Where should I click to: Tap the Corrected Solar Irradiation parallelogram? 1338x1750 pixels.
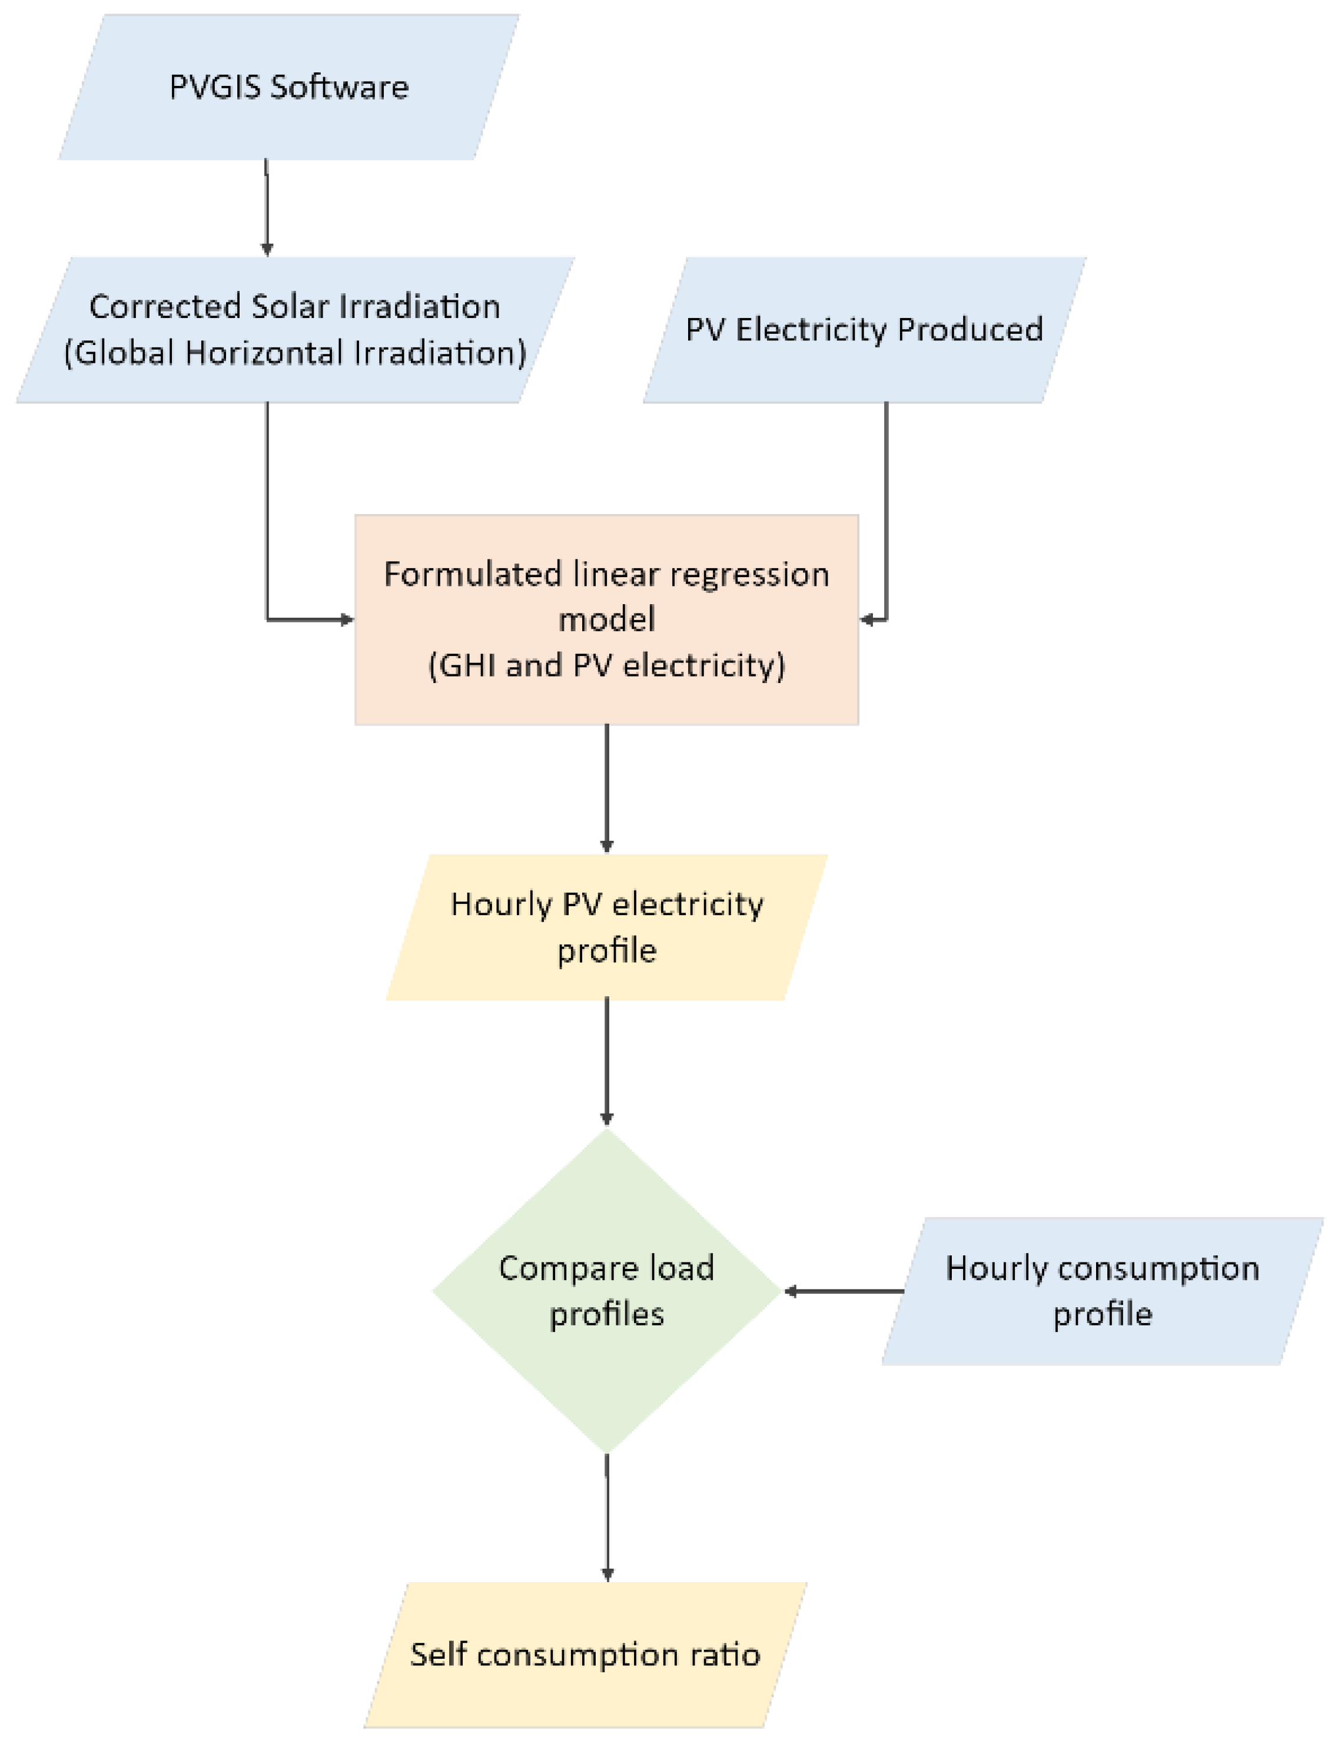coord(295,330)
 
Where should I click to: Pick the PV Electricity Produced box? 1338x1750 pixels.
coord(864,330)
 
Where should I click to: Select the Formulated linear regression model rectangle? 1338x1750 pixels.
coord(606,619)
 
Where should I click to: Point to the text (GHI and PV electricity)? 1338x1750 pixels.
coord(606,665)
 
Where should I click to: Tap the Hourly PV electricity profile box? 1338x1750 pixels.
coord(606,927)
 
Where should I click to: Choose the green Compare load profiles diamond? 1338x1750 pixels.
coord(606,1290)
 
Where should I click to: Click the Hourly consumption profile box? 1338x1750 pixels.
coord(1103,1290)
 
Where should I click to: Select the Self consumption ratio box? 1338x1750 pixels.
coord(585,1655)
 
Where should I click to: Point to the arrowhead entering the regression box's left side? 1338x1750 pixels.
coord(347,619)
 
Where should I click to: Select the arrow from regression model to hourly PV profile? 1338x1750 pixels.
coord(606,788)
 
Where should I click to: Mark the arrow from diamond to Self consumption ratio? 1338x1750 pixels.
coord(607,1517)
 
